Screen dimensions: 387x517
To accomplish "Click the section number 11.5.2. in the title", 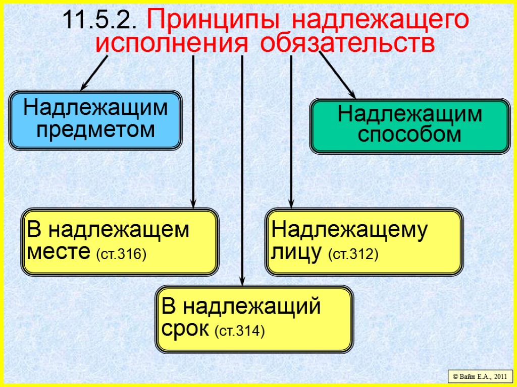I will [101, 21].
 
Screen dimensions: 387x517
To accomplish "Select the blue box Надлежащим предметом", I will [95, 120].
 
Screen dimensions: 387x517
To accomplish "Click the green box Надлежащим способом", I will [409, 126].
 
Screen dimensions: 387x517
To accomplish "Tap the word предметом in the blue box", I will [95, 131].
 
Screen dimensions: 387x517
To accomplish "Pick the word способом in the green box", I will [409, 135].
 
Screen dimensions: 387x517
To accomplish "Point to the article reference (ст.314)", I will [240, 331].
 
